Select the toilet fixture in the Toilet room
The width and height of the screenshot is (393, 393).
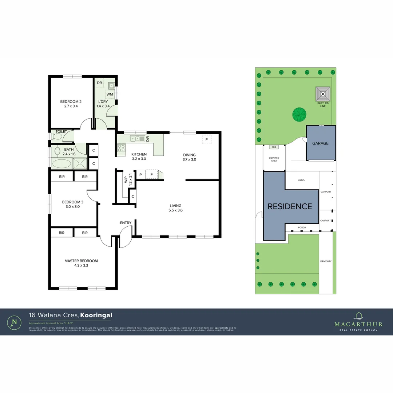(x=57, y=136)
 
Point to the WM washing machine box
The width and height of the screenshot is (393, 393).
(x=110, y=94)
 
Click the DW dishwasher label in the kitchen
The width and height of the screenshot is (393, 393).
(x=147, y=139)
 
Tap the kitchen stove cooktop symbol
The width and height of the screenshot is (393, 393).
(x=121, y=148)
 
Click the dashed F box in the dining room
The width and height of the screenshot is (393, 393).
(x=206, y=139)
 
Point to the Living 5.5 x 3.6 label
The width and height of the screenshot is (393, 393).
(x=175, y=208)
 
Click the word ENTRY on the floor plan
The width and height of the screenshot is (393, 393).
(x=126, y=223)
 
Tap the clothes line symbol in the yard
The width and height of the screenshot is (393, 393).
(x=323, y=94)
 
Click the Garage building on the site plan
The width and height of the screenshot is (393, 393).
(x=320, y=143)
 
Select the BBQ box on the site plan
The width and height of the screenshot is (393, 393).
(x=274, y=147)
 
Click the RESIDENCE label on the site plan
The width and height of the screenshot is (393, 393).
(x=290, y=206)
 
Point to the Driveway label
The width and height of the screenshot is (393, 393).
(x=325, y=261)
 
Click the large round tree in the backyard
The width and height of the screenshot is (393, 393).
(x=299, y=115)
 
